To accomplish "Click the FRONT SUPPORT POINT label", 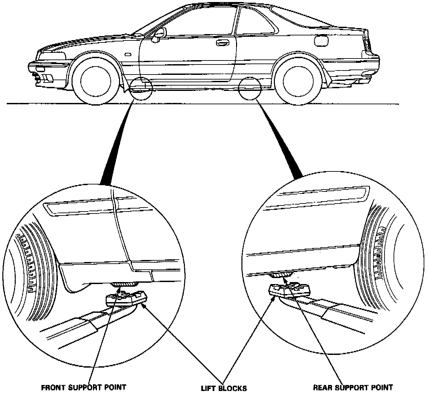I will [x=84, y=387].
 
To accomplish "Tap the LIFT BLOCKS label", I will [x=224, y=388].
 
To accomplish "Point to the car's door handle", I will [x=222, y=43].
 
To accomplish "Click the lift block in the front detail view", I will [x=126, y=298].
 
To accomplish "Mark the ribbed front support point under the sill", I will [x=125, y=284].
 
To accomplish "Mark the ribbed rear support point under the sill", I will [x=280, y=275].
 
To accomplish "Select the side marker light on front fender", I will [x=127, y=54].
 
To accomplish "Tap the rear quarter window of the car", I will [x=257, y=23].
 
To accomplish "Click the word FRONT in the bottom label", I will [x=51, y=387].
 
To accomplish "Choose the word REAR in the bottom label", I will [x=322, y=387].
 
